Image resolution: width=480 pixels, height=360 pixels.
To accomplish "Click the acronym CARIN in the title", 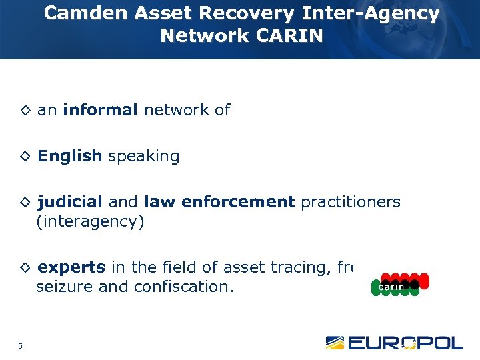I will tap(291, 36).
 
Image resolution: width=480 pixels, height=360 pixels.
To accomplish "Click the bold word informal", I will tap(101, 111).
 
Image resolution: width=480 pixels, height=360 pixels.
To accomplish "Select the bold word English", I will tap(70, 157).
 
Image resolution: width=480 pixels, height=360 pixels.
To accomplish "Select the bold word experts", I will tap(72, 268).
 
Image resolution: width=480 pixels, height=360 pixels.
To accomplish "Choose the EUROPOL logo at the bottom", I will tap(394, 343).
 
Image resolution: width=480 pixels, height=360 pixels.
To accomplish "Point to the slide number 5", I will tap(21, 345).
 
